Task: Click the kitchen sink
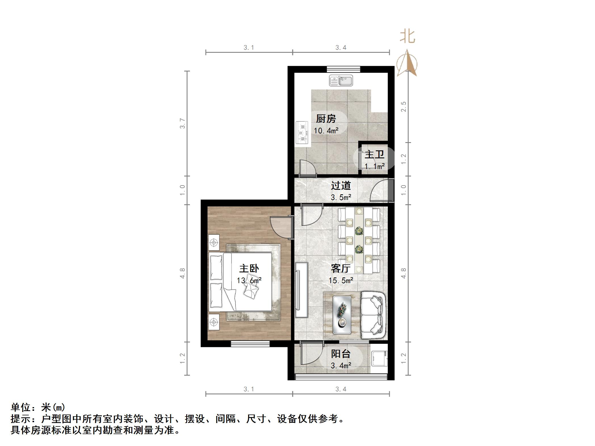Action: pos(341,81)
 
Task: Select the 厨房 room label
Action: pos(326,119)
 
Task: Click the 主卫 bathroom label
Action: pos(374,155)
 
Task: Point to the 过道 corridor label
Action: pos(341,186)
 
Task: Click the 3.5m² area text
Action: pos(341,197)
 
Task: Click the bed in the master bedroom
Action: pos(241,281)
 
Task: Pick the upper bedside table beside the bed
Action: pos(214,243)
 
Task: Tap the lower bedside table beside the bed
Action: pos(214,322)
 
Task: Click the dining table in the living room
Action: pos(359,241)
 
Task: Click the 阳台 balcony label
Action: pos(341,354)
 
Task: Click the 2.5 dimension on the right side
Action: pos(403,107)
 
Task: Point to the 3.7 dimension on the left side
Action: pos(183,123)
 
